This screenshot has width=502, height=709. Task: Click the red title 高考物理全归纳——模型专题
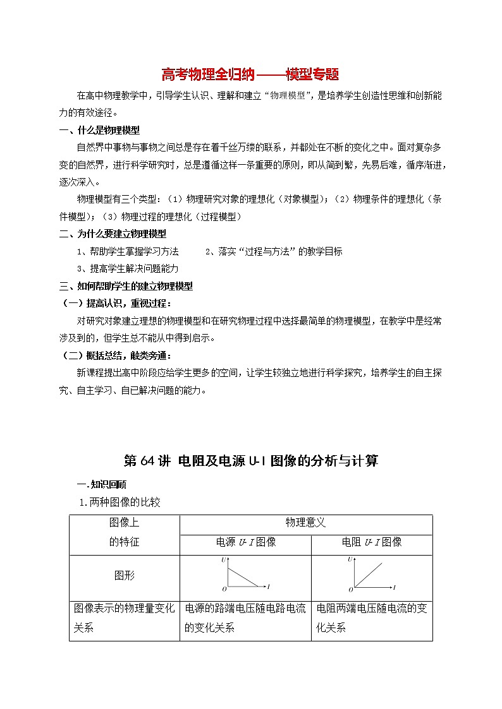pyautogui.click(x=250, y=75)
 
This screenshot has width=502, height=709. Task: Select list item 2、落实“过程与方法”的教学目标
pyautogui.click(x=274, y=251)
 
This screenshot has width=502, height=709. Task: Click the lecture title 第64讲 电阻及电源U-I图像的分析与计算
pyautogui.click(x=251, y=460)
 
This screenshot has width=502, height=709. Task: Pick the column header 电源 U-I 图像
pyautogui.click(x=246, y=542)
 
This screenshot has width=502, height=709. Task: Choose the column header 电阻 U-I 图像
pyautogui.click(x=372, y=542)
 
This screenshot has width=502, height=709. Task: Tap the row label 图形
pyautogui.click(x=124, y=575)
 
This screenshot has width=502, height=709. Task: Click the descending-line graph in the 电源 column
pyautogui.click(x=245, y=576)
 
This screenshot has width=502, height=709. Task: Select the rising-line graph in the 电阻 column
pyautogui.click(x=371, y=576)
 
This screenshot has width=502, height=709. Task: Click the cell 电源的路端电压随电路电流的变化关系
pyautogui.click(x=245, y=618)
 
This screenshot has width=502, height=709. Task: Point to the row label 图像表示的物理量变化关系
pyautogui.click(x=124, y=618)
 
